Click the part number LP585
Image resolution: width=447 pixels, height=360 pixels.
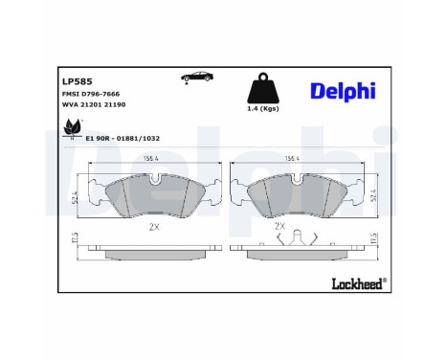point(77,81)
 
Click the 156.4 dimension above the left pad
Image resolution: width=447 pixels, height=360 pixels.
point(150,160)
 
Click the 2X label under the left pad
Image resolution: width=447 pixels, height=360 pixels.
point(154,228)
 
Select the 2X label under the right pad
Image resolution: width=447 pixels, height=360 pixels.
point(279,227)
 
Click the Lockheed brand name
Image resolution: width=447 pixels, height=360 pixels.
point(355,282)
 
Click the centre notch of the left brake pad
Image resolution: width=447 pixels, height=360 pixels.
point(156,179)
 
